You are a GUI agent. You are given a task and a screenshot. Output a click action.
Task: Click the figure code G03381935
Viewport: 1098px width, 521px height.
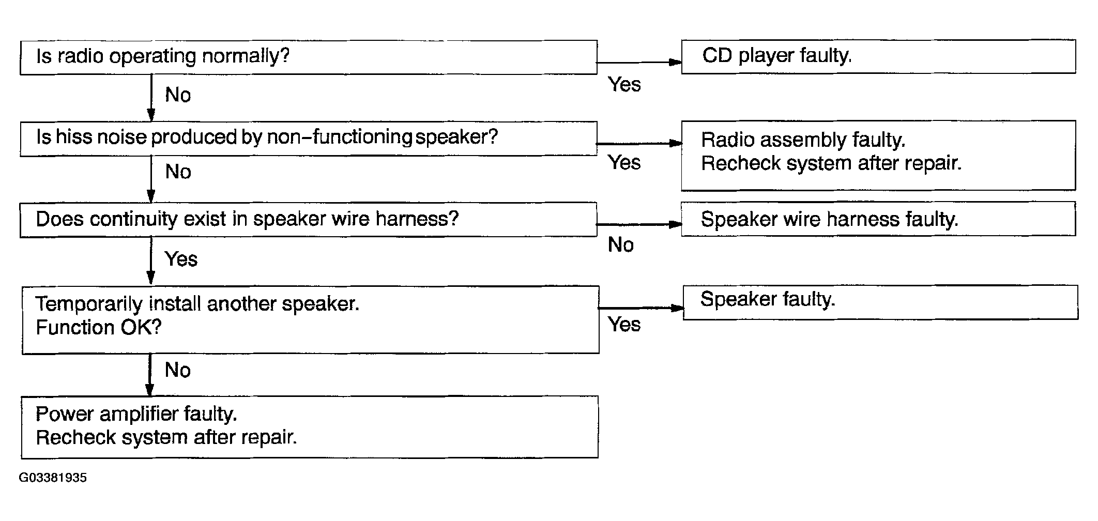[x=53, y=478]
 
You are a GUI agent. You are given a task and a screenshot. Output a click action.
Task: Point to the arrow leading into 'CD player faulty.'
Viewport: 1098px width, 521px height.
[x=639, y=62]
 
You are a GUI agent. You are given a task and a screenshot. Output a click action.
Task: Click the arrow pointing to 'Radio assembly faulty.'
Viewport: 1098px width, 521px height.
[x=639, y=143]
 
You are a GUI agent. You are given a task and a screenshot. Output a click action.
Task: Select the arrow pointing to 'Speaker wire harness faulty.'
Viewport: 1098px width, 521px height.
[x=639, y=224]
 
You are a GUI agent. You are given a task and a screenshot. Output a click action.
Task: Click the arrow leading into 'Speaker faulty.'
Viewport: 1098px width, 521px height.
[x=642, y=308]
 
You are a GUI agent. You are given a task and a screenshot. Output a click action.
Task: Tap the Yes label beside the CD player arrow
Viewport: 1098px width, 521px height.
[x=624, y=84]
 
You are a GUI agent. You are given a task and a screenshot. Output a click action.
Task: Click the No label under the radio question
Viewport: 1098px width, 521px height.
[x=178, y=95]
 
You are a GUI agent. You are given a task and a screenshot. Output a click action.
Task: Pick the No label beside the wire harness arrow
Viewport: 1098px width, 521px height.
[x=621, y=244]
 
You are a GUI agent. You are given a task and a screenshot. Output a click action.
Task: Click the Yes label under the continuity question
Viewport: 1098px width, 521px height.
[x=181, y=259]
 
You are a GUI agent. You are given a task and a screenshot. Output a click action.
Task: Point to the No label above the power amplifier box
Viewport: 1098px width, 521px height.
[x=178, y=370]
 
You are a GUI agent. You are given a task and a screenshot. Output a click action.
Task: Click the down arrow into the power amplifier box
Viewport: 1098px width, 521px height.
[x=150, y=375]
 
